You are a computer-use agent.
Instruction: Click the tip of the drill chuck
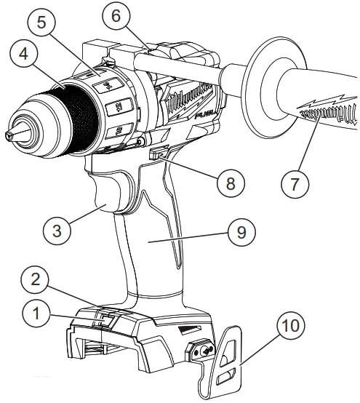(x=9, y=135)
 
